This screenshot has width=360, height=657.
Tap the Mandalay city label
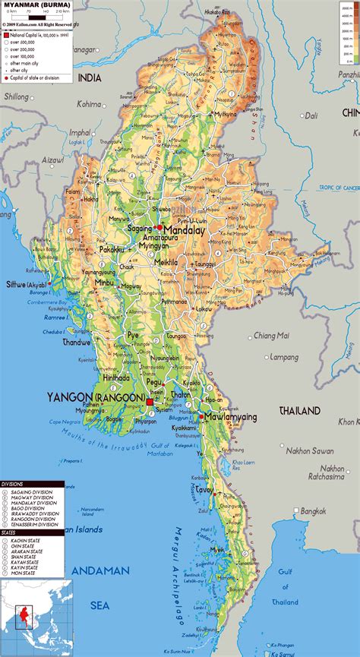pos(184,228)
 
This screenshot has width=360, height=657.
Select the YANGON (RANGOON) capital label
pos(96,397)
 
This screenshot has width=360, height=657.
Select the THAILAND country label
pos(300,410)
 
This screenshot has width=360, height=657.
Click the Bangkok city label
pos(312,511)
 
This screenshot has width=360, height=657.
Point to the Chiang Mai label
pos(272,335)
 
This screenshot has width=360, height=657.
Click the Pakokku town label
pos(111,248)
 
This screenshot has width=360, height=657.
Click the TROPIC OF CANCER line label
pos(338,187)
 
